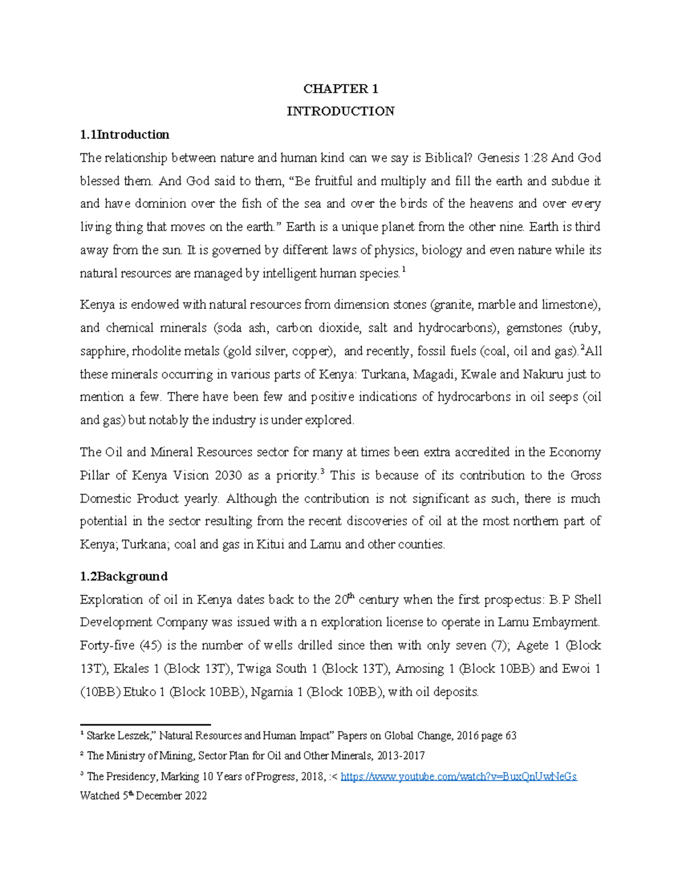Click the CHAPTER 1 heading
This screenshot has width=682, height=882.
[x=340, y=89]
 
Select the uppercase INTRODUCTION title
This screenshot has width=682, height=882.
[x=340, y=111]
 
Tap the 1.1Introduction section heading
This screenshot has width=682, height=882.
[x=124, y=135]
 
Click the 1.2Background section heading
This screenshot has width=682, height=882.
[x=123, y=576]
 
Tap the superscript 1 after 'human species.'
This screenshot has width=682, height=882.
[x=404, y=270]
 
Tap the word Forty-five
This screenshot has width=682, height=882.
[x=107, y=646]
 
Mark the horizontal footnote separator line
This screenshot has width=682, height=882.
[x=145, y=725]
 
